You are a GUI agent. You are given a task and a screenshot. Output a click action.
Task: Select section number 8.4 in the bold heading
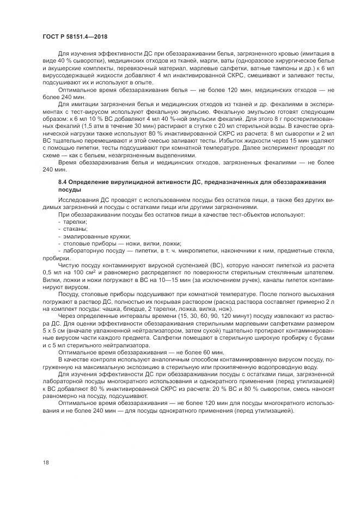(x=63, y=182)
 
